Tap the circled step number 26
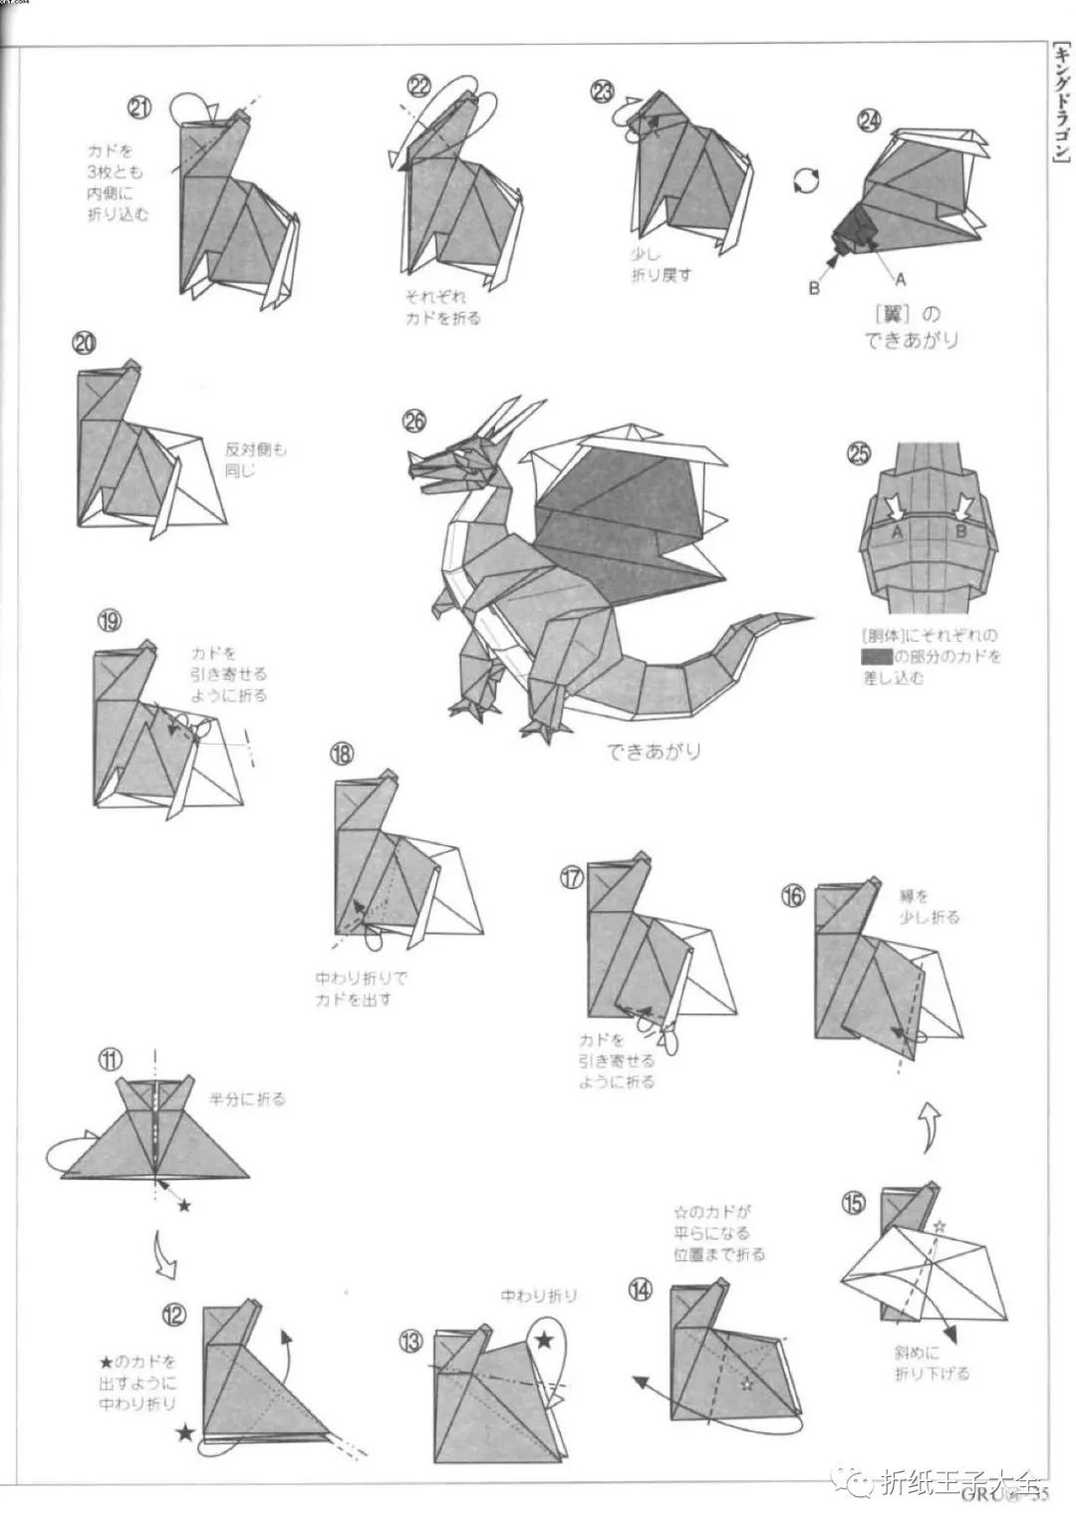pos(413,421)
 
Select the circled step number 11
pos(111,1059)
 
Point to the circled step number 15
pos(853,1202)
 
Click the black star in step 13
pos(545,1341)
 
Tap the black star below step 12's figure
pos(185,1433)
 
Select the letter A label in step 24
pos(901,278)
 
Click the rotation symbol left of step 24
pos(807,180)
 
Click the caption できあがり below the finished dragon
pos(653,751)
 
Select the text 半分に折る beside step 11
pos(247,1099)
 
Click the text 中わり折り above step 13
pos(538,1296)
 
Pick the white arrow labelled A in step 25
pos(897,506)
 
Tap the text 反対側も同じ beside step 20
pos(255,459)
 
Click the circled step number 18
pos(342,754)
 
